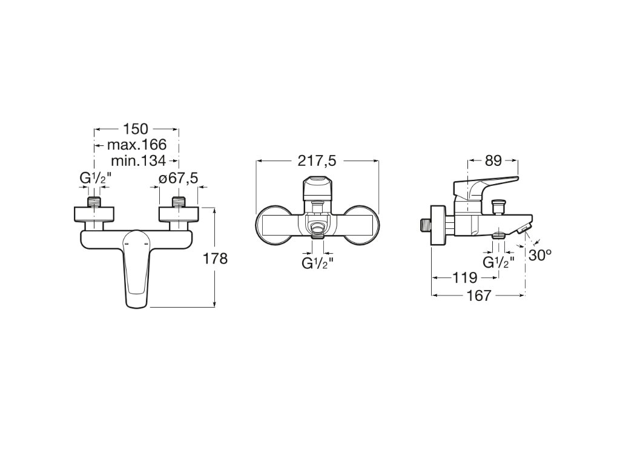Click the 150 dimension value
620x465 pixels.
(x=136, y=129)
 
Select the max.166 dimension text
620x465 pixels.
(x=137, y=145)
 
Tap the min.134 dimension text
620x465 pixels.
(x=139, y=160)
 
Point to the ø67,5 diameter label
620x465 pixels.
(x=179, y=179)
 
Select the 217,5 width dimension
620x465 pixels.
(x=317, y=160)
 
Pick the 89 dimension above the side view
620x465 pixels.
(x=493, y=160)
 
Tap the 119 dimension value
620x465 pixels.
(x=465, y=277)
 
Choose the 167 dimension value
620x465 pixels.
(x=479, y=295)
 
